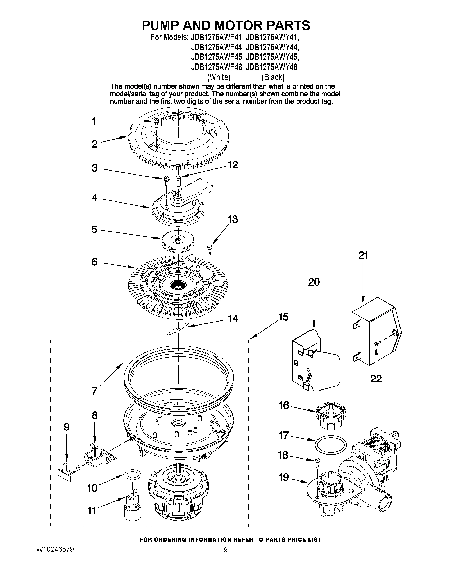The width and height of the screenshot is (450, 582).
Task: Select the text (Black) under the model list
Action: pos(273,77)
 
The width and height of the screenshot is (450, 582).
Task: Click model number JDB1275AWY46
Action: pos(271,67)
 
